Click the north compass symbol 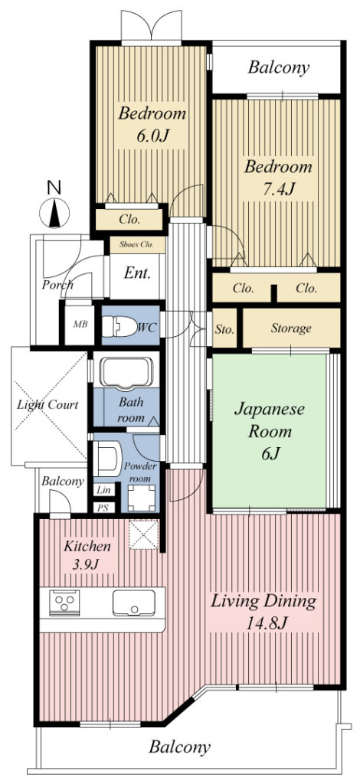[x=54, y=212]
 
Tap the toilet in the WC [x=119, y=327]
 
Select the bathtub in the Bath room [x=126, y=373]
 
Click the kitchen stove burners [x=64, y=603]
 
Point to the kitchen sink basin [x=133, y=603]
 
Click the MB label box [x=80, y=324]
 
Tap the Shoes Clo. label [x=137, y=245]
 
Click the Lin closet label [x=104, y=490]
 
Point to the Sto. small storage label [x=224, y=329]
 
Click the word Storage [x=291, y=328]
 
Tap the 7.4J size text [x=277, y=190]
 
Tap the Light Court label [x=48, y=404]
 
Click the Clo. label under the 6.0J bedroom [x=129, y=219]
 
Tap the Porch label [x=57, y=285]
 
